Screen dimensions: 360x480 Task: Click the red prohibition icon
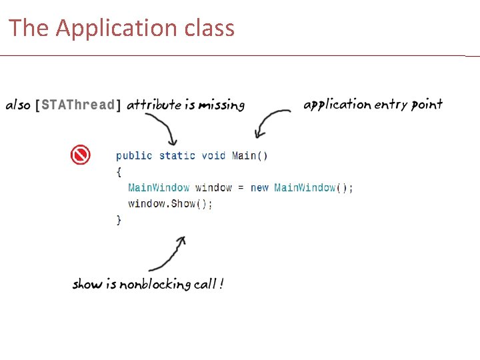tap(80, 155)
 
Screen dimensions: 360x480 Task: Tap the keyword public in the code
tap(134, 156)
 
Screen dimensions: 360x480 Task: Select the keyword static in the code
tap(177, 156)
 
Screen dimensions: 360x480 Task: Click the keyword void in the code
tap(213, 156)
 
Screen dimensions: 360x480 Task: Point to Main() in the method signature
tap(250, 156)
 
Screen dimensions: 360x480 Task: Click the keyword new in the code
tap(259, 188)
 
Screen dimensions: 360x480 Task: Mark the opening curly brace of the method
tap(119, 172)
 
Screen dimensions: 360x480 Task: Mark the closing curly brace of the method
tap(119, 220)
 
